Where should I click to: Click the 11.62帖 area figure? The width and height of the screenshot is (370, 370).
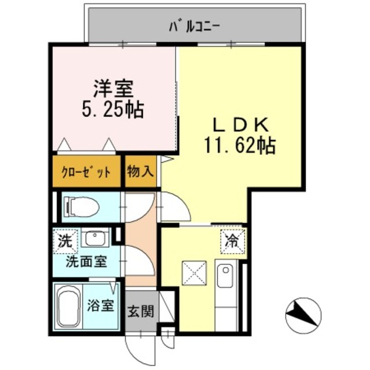(x=239, y=145)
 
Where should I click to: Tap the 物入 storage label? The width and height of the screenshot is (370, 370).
(x=140, y=172)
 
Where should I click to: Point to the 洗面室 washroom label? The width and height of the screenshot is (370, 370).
(x=86, y=261)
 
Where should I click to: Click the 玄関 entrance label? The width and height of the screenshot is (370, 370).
(x=140, y=312)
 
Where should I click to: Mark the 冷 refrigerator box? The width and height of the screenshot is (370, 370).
(x=232, y=239)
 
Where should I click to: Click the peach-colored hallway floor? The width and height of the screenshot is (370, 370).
(x=140, y=243)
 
